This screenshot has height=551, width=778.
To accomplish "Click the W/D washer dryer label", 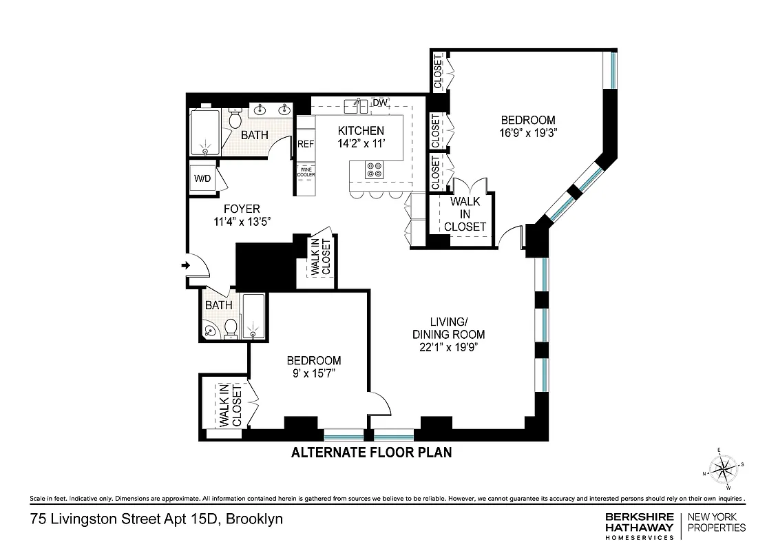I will pyautogui.click(x=202, y=179).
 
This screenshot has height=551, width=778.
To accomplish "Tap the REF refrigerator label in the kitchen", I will pyautogui.click(x=306, y=145).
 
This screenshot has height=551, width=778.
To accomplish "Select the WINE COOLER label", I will pyautogui.click(x=306, y=171).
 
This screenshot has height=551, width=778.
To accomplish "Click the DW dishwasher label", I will pyautogui.click(x=380, y=103).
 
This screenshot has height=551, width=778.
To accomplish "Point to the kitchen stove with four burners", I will pyautogui.click(x=376, y=169).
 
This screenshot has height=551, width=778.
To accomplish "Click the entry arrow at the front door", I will pyautogui.click(x=186, y=265).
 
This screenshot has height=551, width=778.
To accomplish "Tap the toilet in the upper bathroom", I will pyautogui.click(x=234, y=121).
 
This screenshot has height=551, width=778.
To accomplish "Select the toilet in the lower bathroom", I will pyautogui.click(x=231, y=329).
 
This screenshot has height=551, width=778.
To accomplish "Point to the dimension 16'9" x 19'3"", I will pyautogui.click(x=528, y=134).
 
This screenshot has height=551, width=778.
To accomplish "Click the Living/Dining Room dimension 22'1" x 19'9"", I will pyautogui.click(x=448, y=347).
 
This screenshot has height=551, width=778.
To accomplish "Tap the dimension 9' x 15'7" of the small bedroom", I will pyautogui.click(x=313, y=373).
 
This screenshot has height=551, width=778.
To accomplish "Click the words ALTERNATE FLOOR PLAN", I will pyautogui.click(x=371, y=453).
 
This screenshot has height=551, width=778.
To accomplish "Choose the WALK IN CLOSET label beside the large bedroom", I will pyautogui.click(x=465, y=214).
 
